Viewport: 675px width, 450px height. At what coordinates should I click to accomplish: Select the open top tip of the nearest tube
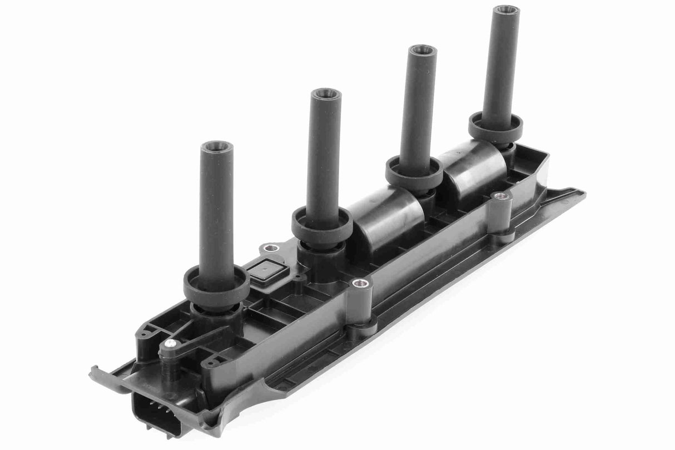216,146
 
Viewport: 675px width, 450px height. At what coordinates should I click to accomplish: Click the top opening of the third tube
422,50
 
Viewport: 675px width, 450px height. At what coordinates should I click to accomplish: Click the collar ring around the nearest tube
216,285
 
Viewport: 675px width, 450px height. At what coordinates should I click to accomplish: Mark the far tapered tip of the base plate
581,192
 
